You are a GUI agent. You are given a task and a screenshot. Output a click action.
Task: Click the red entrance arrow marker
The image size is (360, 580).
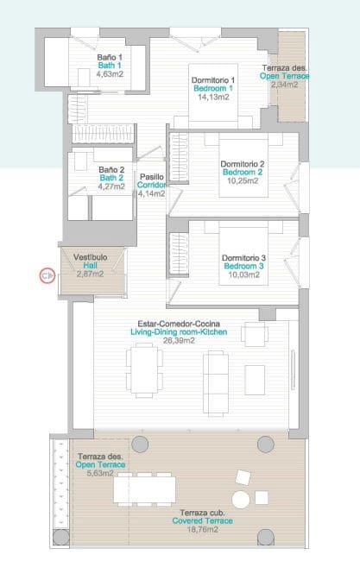coord(47,276)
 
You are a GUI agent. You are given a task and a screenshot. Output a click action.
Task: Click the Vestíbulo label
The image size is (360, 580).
coord(90,256)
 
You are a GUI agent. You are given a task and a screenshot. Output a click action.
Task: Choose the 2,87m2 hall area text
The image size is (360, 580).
coord(90,274)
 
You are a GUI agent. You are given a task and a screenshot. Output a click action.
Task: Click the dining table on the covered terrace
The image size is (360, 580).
coord(145,489)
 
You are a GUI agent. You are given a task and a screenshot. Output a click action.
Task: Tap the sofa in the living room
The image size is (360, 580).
coord(214,373)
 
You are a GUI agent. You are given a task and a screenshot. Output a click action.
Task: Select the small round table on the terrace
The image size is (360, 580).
coord(242,500)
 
